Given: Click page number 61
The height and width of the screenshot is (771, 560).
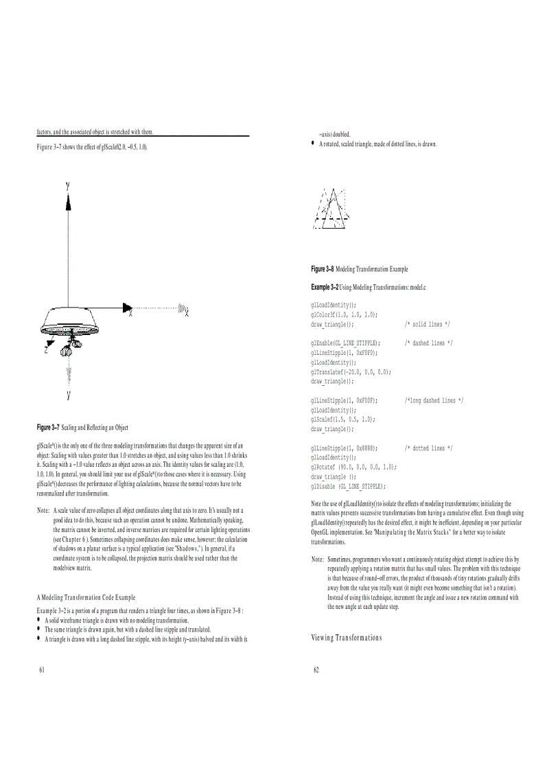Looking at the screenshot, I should [x=42, y=669].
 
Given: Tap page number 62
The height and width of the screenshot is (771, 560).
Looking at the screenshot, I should [x=316, y=669].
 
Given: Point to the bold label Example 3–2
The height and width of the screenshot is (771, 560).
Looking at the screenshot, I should [x=324, y=285].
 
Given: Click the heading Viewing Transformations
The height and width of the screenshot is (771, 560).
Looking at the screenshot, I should [x=346, y=638].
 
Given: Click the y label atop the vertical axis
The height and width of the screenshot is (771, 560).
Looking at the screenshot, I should [x=67, y=185].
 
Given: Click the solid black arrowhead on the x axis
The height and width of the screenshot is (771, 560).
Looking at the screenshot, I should [x=127, y=307].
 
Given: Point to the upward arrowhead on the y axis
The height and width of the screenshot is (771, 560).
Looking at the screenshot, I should [x=68, y=200].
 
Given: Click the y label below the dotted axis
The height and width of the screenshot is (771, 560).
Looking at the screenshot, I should [x=68, y=394].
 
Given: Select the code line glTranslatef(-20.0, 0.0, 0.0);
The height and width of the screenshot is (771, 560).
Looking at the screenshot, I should [x=351, y=371].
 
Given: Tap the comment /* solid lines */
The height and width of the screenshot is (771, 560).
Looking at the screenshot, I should [x=427, y=323].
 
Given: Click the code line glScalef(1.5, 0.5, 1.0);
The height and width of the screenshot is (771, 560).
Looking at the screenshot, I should [x=342, y=419].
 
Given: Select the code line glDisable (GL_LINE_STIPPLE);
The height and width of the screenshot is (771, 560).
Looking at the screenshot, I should [x=347, y=485].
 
